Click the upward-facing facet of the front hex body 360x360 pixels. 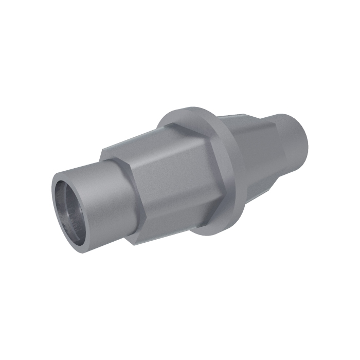[x=154, y=144]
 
